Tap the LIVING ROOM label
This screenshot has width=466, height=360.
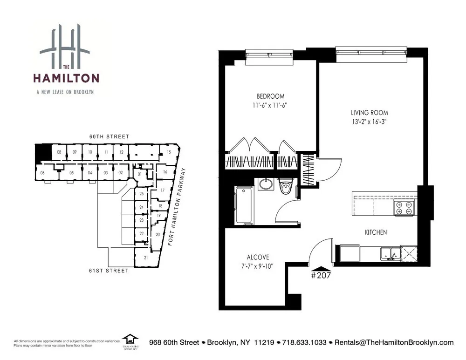coord(370,113)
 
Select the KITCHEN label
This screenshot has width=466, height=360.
coord(376,232)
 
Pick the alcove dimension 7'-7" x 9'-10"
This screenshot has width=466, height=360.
coord(258,266)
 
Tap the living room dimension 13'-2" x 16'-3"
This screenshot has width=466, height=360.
coord(370,122)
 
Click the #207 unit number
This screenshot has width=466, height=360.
coord(320,275)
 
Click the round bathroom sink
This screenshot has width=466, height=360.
coord(266,184)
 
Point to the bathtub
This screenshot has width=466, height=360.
coord(244,205)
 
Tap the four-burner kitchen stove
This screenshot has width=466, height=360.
coord(404,208)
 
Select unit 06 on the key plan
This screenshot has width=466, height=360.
coord(42,173)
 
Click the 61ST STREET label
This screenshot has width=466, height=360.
coord(110,271)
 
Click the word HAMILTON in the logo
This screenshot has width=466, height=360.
coord(65,77)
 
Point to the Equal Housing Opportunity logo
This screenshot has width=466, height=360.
coord(130,341)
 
